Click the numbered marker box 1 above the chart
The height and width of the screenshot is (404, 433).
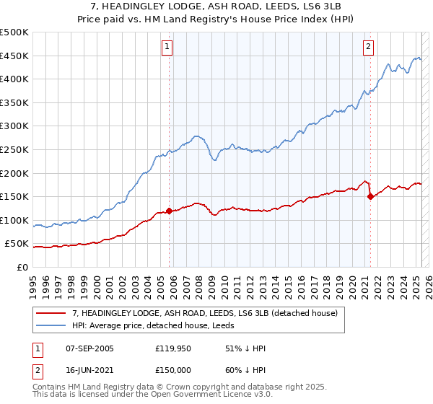click(167, 47)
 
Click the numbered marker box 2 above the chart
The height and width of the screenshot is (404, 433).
click(368, 47)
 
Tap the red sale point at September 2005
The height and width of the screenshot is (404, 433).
click(170, 211)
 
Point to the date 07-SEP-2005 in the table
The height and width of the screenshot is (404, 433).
click(89, 348)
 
